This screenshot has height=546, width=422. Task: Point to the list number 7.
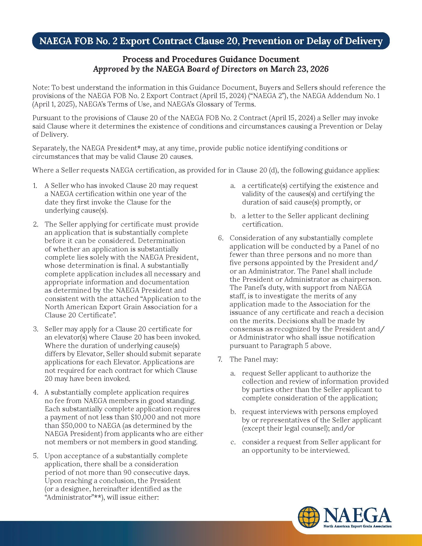click(x=220, y=359)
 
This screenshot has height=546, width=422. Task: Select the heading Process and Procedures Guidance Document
click(x=211, y=59)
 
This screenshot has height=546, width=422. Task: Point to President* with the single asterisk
click(x=124, y=148)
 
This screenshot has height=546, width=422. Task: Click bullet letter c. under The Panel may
click(x=233, y=442)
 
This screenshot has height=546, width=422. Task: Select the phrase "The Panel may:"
click(x=253, y=359)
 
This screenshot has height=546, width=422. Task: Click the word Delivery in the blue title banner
click(x=364, y=41)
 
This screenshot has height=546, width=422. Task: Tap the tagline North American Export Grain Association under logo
click(x=357, y=526)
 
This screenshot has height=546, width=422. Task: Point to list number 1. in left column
click(x=35, y=185)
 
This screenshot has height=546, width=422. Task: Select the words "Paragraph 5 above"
click(x=306, y=345)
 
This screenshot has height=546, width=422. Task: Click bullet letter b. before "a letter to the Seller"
click(x=233, y=216)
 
